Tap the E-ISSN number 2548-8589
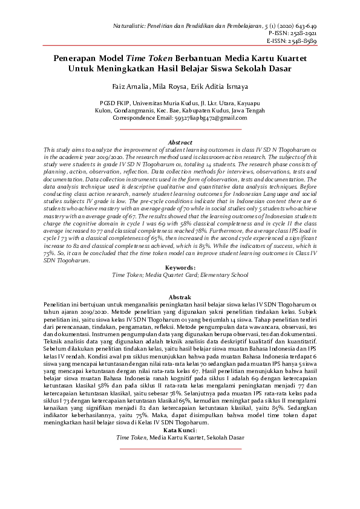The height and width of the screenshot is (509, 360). click(x=336, y=42)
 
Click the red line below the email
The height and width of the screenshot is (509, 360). click(x=180, y=129)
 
